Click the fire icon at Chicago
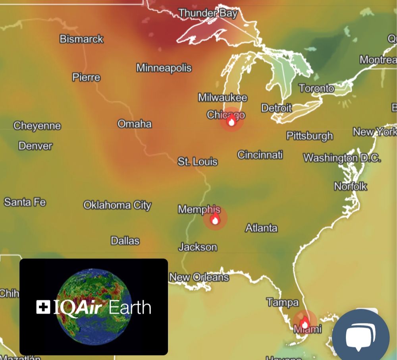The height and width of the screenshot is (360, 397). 231,121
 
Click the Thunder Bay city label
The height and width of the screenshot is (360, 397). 208,13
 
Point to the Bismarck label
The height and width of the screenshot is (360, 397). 81,39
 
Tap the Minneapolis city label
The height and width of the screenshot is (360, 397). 164,68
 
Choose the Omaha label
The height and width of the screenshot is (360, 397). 135,124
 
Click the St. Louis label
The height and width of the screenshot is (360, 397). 197,161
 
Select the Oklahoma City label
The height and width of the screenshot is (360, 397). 117,205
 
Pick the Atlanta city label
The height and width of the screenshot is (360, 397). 261,228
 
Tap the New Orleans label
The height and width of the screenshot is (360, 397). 199,277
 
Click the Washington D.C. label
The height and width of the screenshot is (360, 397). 342,158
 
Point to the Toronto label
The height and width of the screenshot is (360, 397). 316,88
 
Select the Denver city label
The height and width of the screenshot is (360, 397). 35,146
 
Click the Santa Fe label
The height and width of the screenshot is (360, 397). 25,202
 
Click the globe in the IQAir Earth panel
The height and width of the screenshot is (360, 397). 94,306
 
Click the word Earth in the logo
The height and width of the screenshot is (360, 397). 130,308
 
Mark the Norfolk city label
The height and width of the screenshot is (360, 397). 350,186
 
